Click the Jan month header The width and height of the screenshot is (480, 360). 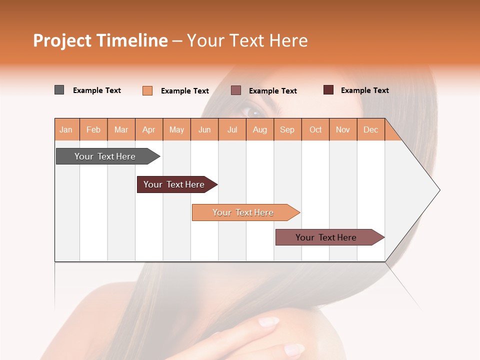coord(66,129)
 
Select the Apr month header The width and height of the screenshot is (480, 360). coord(149,129)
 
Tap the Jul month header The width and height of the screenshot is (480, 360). coord(232,129)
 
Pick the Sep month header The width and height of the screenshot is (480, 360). coord(287,129)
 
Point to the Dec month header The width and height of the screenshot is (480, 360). coord(370,129)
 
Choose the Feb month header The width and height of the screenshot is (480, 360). coord(93,129)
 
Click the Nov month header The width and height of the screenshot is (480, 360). coord(343,129)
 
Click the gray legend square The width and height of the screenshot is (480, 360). coord(59,90)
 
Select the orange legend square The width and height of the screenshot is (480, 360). coord(147,90)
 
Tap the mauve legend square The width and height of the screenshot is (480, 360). coord(236,90)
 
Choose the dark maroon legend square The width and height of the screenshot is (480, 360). coord(328,90)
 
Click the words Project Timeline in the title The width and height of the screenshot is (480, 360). coord(100,40)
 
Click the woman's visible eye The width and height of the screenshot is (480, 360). coord(250,109)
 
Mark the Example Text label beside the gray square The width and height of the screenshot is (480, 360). coord(97,90)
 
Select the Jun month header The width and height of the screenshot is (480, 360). coord(204,129)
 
